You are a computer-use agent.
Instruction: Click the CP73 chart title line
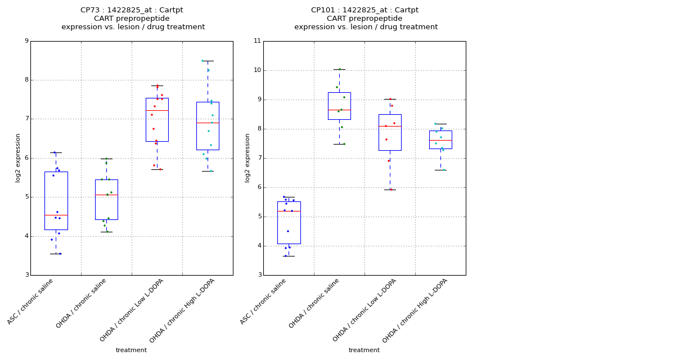pyautogui.click(x=132, y=10)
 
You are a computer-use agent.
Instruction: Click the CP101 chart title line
pyautogui.click(x=364, y=10)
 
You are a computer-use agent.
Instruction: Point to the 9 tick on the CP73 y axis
pyautogui.click(x=26, y=41)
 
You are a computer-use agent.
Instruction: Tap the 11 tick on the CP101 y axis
pyautogui.click(x=257, y=41)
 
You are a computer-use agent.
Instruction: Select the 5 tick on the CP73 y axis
pyautogui.click(x=26, y=197)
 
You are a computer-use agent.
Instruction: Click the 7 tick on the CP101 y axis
pyautogui.click(x=258, y=158)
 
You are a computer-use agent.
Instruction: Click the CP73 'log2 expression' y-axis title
pyautogui.click(x=18, y=158)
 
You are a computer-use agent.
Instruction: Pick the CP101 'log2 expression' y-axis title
pyautogui.click(x=247, y=158)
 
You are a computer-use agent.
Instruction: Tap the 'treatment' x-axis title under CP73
pyautogui.click(x=131, y=350)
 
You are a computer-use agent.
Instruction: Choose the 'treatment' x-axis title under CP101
pyautogui.click(x=364, y=350)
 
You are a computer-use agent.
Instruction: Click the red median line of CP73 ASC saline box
pyautogui.click(x=56, y=215)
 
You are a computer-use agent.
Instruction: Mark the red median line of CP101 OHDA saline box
pyautogui.click(x=339, y=110)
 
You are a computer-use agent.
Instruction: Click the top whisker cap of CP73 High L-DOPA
pyautogui.click(x=208, y=61)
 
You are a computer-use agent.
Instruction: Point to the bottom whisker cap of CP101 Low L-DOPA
pyautogui.click(x=390, y=190)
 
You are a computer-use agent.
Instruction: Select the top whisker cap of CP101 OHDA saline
pyautogui.click(x=339, y=69)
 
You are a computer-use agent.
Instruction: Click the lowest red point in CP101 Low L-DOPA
pyautogui.click(x=391, y=189)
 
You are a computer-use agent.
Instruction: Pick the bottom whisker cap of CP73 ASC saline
pyautogui.click(x=56, y=254)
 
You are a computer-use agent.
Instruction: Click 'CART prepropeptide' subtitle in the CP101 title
pyautogui.click(x=364, y=19)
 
